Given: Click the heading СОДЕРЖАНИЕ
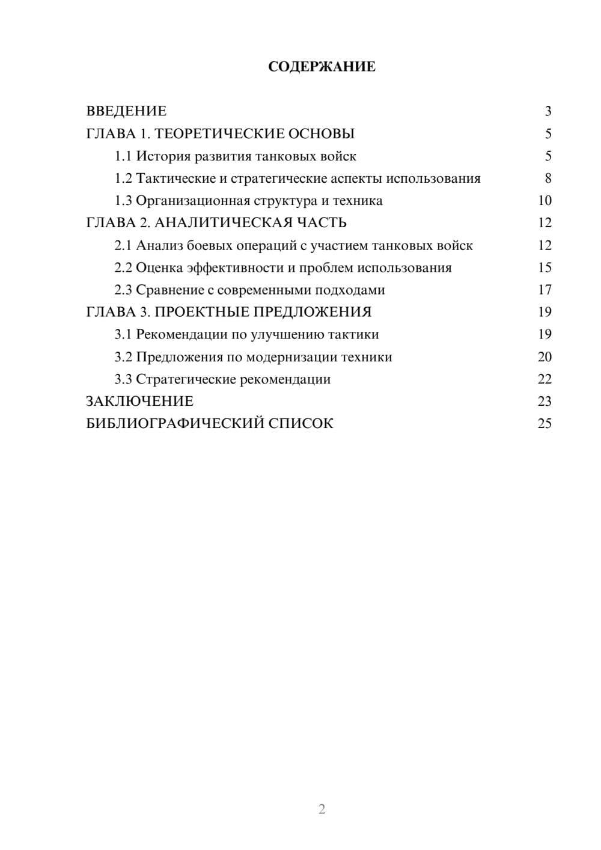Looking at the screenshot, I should [322, 67].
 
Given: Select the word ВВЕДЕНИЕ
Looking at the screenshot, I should [126, 111].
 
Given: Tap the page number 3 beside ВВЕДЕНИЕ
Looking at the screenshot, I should [548, 111].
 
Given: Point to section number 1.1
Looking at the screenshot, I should [123, 156].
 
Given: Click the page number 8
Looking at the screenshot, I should [548, 179].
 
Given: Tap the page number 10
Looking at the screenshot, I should [545, 201].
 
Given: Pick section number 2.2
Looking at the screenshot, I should [123, 268].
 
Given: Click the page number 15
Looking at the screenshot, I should [545, 268].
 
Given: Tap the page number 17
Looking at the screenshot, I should [545, 290].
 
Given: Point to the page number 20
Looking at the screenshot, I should [545, 357].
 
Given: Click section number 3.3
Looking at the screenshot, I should [123, 379].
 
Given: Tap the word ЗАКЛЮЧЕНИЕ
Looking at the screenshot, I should [140, 402].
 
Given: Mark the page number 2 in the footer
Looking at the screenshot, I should [322, 809].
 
